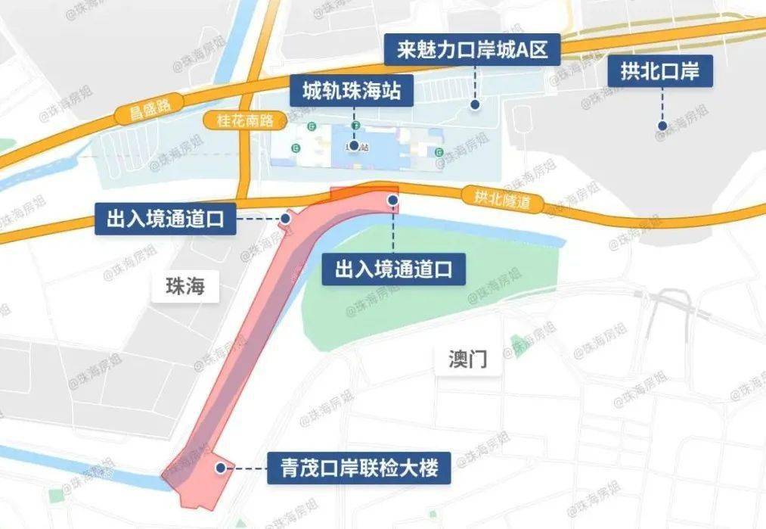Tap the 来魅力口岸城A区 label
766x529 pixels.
coord(473,51)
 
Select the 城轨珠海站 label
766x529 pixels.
coord(346,92)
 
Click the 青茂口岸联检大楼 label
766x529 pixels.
coord(359,468)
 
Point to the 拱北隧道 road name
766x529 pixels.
coord(499,200)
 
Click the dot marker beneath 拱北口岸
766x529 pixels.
coord(662,126)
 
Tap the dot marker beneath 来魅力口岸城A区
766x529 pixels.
coord(475,104)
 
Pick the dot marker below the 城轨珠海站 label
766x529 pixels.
coord(354,145)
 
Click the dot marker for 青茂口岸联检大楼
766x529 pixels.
coord(220,468)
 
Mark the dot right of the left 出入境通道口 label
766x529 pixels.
coord(286,219)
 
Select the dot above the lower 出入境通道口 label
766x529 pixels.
coord(393,200)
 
